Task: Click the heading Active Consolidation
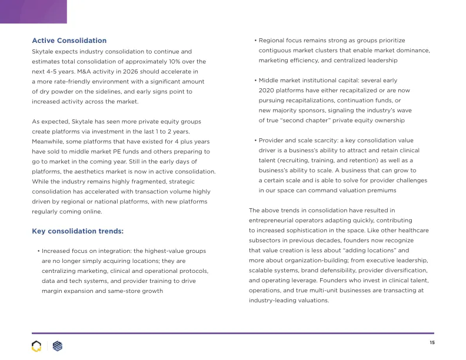click(69, 41)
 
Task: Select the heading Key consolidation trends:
click(78, 231)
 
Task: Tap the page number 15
click(432, 342)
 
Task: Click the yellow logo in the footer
click(36, 346)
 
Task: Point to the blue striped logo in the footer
click(57, 346)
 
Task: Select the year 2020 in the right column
click(268, 91)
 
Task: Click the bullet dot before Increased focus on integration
click(38, 251)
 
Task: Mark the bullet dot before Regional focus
click(255, 41)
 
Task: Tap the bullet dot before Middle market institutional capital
click(255, 81)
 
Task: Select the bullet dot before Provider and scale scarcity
click(255, 141)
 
